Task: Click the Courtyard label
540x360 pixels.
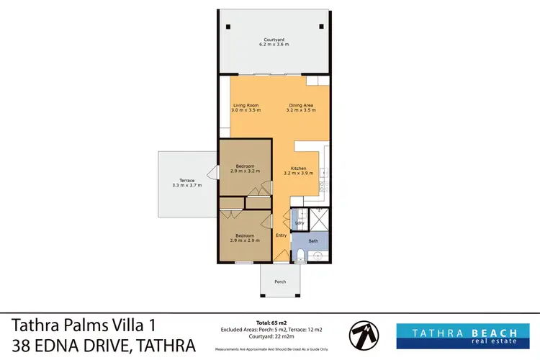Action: (274, 39)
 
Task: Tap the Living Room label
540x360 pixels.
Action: (245, 105)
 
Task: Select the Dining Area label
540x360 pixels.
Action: (300, 105)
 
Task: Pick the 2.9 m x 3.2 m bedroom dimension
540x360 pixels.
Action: (245, 172)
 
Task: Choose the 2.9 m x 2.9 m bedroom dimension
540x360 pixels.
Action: (245, 240)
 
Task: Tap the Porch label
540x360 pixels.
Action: (279, 282)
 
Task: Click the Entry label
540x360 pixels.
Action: (281, 235)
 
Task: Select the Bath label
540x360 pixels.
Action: (313, 240)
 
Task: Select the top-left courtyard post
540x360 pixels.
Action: (228, 27)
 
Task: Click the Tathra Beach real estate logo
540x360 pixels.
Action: (465, 336)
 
